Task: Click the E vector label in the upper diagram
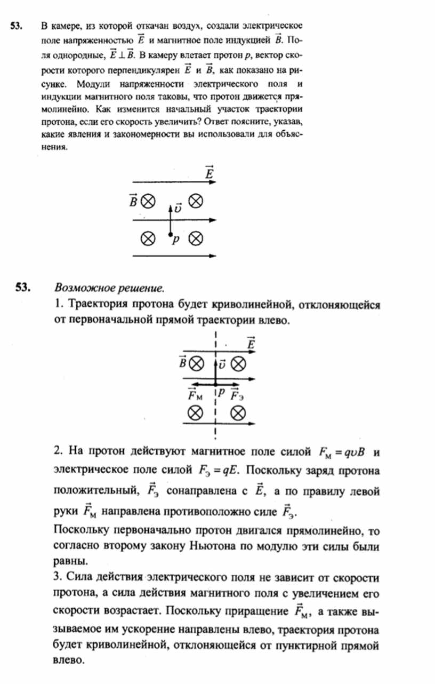(x=209, y=173)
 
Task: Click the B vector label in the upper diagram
(x=133, y=200)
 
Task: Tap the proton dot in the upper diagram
(x=170, y=235)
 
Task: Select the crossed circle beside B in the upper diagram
(x=147, y=201)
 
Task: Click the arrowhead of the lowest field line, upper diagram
(x=213, y=256)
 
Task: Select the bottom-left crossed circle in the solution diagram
(x=196, y=412)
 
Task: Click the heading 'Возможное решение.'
(x=109, y=288)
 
